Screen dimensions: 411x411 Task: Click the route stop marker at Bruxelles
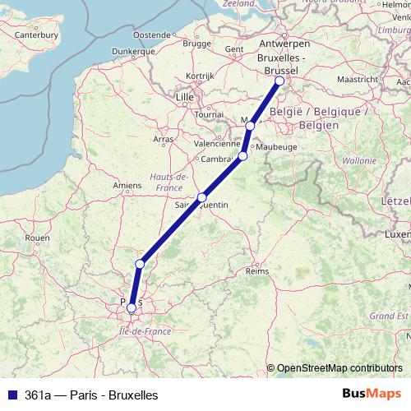[x=279, y=81]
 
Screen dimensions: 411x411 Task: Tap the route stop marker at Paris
[x=131, y=307]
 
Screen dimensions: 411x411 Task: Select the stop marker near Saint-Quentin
[x=202, y=197]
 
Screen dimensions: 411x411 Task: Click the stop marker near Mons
[x=250, y=126]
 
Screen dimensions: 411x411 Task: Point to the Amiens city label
[x=127, y=186]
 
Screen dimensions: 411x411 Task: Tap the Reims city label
[x=257, y=270]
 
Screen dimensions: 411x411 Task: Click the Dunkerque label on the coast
[x=110, y=50]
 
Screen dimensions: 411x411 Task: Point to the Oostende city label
[x=151, y=35]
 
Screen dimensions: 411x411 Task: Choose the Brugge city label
[x=197, y=43]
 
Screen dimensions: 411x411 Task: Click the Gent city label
[x=234, y=49]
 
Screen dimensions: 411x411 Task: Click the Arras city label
[x=164, y=128]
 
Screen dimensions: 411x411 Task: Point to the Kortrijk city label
[x=200, y=76]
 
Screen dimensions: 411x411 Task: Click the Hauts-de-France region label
[x=168, y=182]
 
